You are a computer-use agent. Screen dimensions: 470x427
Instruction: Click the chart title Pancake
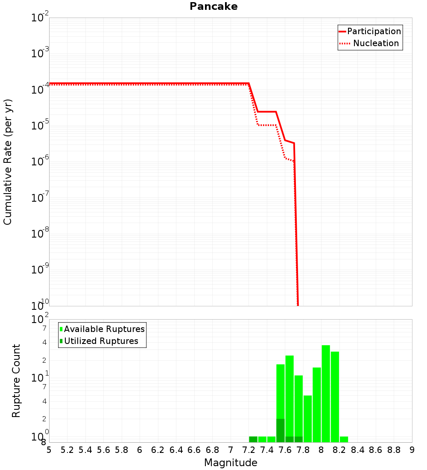[x=213, y=6]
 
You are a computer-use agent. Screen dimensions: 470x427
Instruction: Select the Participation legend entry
[x=374, y=31]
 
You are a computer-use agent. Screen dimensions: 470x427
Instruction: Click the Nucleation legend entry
[x=376, y=43]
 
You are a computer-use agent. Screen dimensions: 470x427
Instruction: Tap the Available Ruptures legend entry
[x=104, y=329]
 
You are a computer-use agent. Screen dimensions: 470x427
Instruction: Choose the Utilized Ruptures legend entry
[x=101, y=341]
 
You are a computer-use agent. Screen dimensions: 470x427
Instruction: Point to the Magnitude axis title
[x=231, y=463]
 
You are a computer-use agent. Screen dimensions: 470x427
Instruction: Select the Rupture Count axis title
[x=16, y=381]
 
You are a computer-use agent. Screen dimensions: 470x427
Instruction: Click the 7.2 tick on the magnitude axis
[x=249, y=450]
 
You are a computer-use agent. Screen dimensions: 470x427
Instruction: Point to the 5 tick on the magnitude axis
[x=49, y=450]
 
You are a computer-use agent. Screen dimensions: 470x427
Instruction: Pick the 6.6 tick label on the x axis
[x=194, y=450]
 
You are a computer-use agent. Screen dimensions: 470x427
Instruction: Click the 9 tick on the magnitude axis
[x=412, y=450]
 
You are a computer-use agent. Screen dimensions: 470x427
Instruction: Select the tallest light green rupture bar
[x=326, y=393]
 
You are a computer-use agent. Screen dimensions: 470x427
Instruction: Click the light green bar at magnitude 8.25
[x=344, y=439]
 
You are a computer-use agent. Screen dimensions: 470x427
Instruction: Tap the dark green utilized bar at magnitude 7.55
[x=281, y=430]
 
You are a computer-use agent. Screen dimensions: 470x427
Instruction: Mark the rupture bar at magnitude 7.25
[x=253, y=439]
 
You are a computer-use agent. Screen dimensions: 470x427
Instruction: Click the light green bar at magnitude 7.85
[x=307, y=419]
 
